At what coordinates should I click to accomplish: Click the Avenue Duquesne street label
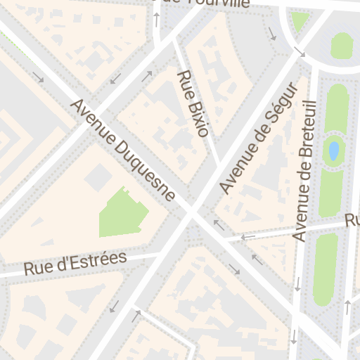[x=123, y=150]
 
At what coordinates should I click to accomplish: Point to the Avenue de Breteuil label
[x=306, y=171]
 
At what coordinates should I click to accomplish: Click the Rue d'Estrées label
[x=75, y=263]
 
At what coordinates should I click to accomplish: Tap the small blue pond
[x=333, y=150]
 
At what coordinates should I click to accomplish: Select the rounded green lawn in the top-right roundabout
[x=341, y=46]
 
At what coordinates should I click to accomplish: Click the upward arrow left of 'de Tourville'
[x=156, y=19]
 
